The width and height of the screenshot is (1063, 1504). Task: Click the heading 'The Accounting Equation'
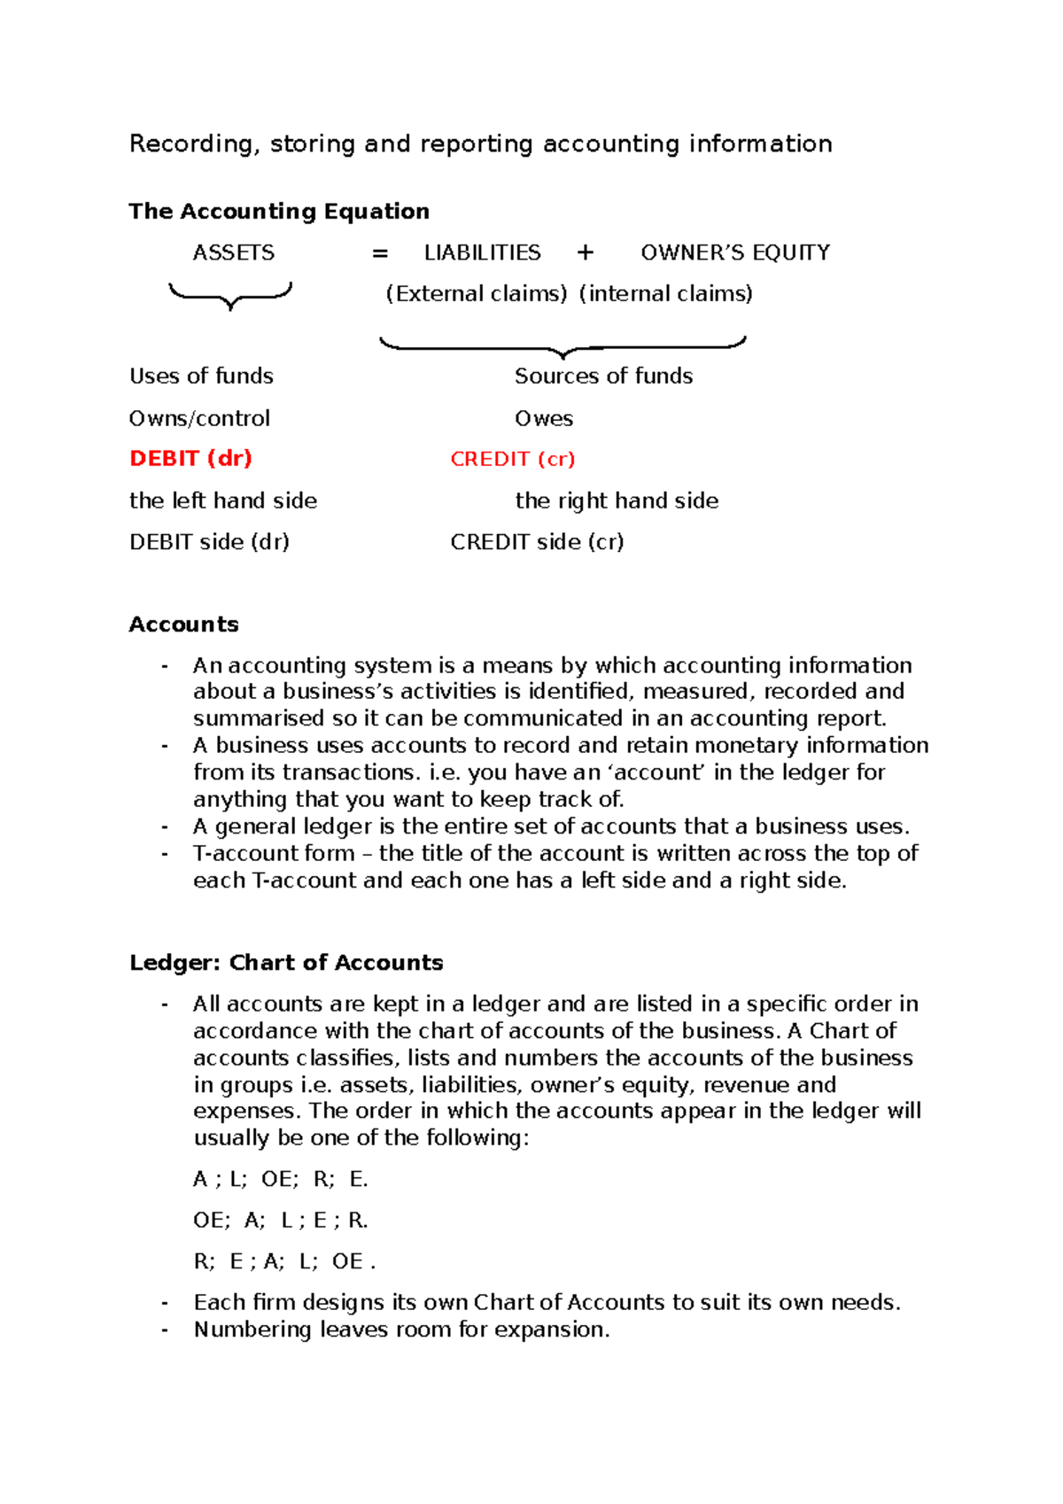tap(279, 212)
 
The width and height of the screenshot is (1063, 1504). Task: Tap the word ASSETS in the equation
tap(234, 253)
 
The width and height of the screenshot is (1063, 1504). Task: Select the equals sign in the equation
tap(380, 254)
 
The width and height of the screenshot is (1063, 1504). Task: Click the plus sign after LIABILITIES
tap(585, 253)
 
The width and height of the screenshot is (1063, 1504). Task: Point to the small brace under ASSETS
tap(230, 295)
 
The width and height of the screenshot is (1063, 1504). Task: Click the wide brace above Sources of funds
tap(563, 347)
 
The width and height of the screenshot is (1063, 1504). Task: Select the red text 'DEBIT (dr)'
tap(190, 459)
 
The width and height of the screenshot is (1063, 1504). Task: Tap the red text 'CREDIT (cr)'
tap(512, 459)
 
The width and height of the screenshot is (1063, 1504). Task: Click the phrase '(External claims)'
tap(476, 294)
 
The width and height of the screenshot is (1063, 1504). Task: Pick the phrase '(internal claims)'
tap(665, 294)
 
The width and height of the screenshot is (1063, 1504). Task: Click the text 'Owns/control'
tap(199, 418)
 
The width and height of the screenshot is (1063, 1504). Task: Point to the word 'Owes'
tap(544, 418)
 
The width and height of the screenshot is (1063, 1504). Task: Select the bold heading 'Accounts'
tap(183, 624)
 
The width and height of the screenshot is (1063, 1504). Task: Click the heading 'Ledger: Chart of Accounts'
tap(285, 963)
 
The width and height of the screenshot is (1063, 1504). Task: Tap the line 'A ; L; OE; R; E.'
tap(280, 1180)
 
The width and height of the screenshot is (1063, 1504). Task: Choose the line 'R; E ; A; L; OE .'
tap(284, 1262)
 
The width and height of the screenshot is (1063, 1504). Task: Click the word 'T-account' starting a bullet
tap(233, 854)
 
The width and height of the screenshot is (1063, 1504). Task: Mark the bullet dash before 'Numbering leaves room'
tap(165, 1330)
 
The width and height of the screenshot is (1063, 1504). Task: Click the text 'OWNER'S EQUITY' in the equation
tap(735, 253)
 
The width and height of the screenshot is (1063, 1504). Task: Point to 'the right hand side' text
tap(617, 501)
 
